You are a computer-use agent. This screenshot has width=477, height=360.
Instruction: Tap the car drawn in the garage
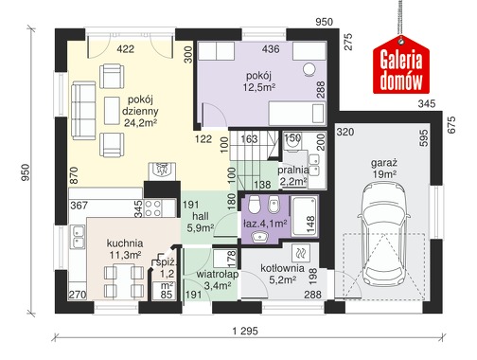point(384,235)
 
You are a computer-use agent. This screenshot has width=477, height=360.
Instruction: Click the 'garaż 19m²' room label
point(384,169)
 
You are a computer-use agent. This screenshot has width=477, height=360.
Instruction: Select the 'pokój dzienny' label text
point(140,105)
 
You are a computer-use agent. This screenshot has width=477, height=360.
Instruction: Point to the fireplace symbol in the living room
point(162,171)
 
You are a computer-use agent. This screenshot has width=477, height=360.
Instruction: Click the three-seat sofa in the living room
point(83,111)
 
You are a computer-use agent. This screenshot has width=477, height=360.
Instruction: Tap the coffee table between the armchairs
point(112,111)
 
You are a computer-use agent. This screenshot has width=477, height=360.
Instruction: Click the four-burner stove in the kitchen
point(153,208)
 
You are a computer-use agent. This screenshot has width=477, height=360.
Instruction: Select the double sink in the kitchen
point(78,236)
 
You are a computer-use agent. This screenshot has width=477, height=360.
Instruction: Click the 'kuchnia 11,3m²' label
point(125,249)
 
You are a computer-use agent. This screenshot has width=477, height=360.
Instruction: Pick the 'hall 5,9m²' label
point(201,222)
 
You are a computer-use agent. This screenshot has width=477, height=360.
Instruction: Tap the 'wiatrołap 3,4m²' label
point(218,279)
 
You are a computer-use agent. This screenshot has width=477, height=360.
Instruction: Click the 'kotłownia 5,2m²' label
point(282,274)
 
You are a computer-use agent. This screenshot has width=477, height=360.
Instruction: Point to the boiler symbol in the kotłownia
point(301,253)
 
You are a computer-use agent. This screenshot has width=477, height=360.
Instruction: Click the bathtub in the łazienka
point(305,216)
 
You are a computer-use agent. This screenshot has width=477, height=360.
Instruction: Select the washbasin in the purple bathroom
point(260,236)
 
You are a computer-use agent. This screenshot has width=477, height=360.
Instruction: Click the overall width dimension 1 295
point(245,331)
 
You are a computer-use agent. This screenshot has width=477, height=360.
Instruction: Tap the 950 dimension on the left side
point(25,172)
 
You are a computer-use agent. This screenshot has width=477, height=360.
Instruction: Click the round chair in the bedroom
point(309,69)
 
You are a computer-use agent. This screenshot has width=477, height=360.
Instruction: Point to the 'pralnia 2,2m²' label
point(293,175)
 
